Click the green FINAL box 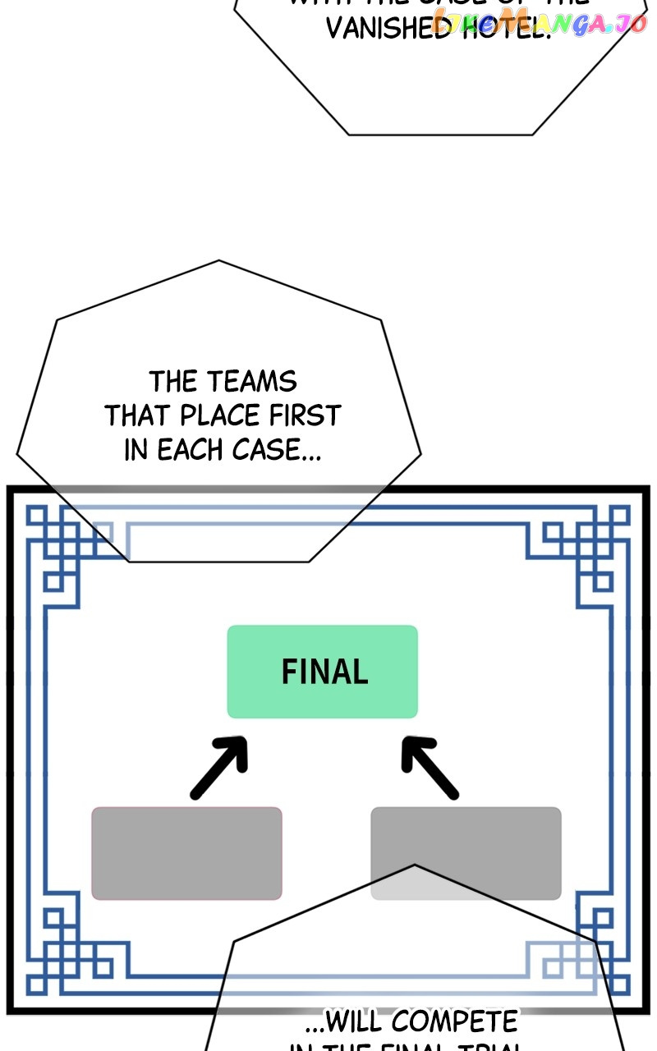[x=322, y=672]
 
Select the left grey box [x=186, y=853]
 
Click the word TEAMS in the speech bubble [x=251, y=382]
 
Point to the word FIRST [x=305, y=415]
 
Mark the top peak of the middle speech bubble [x=218, y=261]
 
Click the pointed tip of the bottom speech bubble [x=415, y=865]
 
